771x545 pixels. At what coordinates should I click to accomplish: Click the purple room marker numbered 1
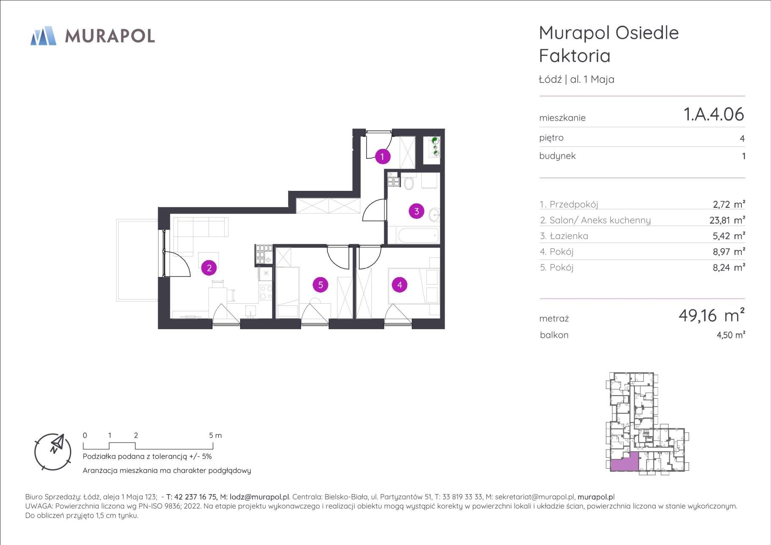[382, 157]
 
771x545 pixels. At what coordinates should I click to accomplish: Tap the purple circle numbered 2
[209, 268]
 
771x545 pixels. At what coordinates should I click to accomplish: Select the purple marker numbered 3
[417, 211]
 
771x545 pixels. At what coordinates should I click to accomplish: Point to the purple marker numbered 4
[400, 285]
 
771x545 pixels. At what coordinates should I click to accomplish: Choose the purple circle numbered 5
[320, 285]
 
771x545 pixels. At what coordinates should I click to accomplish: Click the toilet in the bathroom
[409, 182]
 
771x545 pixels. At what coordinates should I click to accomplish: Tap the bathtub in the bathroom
[418, 235]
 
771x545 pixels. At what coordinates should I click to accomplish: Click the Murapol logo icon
[43, 36]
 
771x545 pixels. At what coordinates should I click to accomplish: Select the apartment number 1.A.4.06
[714, 114]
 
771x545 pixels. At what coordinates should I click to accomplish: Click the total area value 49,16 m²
[712, 315]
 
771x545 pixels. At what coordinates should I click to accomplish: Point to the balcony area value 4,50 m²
[731, 335]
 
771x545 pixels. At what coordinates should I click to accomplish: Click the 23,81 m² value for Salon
[727, 220]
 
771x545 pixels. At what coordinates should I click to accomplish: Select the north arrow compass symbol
[53, 452]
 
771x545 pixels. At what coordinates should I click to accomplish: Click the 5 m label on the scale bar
[215, 435]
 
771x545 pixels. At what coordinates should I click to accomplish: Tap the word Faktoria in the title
[575, 56]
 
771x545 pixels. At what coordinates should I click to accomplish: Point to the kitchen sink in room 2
[251, 311]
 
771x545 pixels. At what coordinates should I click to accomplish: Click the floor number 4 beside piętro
[742, 138]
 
